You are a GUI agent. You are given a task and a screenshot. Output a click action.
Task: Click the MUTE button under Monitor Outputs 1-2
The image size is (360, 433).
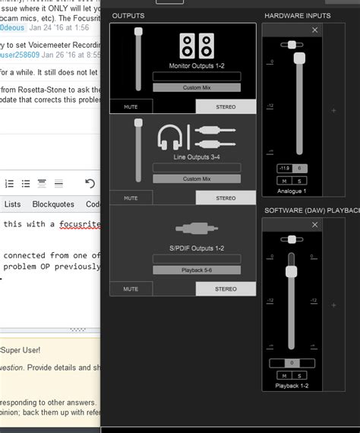[131, 106]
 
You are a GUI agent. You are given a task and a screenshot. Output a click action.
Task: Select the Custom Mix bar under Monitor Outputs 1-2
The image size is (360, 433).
[196, 87]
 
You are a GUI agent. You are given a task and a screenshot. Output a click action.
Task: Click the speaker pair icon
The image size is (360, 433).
[196, 46]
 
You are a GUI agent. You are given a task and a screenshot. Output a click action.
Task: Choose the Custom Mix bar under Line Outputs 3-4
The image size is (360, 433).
[196, 179]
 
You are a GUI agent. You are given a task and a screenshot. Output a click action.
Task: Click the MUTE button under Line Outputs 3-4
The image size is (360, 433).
[131, 198]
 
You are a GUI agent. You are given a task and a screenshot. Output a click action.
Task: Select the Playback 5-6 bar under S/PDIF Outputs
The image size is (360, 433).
[196, 270]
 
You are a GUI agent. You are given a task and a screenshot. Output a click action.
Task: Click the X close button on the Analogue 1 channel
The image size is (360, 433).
[315, 30]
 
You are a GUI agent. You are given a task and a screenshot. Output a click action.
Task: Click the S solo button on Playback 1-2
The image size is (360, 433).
[300, 376]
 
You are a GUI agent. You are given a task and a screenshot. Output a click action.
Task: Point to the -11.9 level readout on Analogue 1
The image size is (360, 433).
[284, 168]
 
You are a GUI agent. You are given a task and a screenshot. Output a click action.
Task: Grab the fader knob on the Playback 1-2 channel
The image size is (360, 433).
[290, 272]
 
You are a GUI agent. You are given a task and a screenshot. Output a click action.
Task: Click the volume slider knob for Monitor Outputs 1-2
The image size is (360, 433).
[138, 32]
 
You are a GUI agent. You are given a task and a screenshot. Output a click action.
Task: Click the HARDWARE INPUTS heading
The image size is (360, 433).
[296, 15]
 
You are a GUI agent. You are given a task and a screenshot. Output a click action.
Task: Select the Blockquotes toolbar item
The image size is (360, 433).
[53, 204]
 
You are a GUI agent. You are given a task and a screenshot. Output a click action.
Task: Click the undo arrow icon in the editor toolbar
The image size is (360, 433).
[90, 183]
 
